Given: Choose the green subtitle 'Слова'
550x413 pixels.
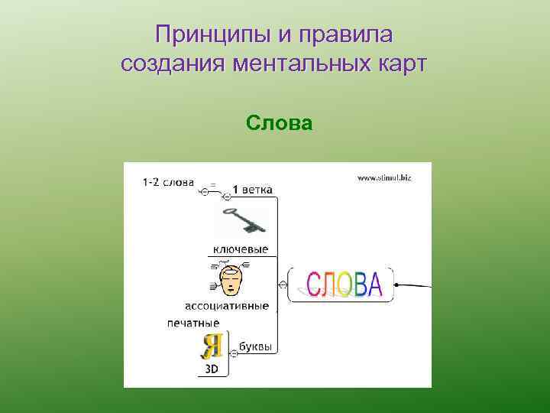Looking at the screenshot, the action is tap(280, 122).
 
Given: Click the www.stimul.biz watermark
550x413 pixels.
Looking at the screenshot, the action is tap(384, 177).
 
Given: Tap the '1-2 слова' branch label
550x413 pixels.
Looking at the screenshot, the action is tap(168, 184).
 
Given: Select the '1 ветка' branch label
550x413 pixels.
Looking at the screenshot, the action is tap(252, 190).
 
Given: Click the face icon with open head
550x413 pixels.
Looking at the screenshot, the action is tap(231, 280).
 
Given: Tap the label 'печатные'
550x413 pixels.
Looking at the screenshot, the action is tap(193, 323).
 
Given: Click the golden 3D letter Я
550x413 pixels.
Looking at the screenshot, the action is tap(211, 346).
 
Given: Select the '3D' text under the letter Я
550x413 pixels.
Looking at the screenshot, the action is tap(212, 369).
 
